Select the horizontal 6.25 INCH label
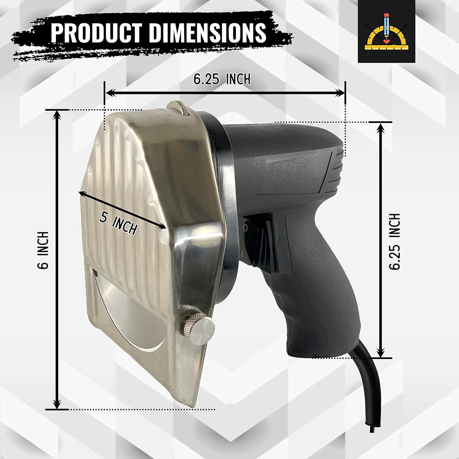222,79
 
